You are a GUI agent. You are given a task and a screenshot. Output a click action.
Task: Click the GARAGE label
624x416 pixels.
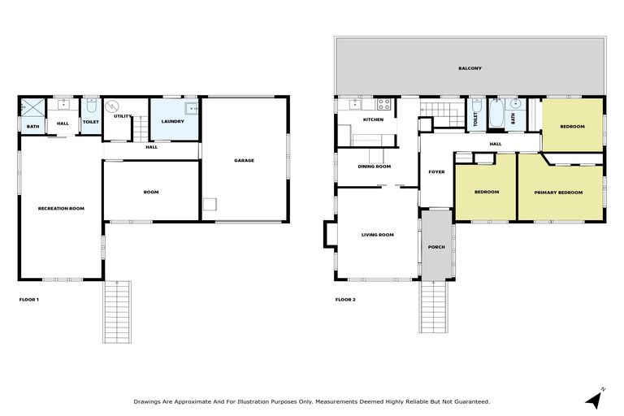[x=244, y=161]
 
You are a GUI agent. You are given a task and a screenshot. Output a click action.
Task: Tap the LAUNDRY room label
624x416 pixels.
[x=173, y=122]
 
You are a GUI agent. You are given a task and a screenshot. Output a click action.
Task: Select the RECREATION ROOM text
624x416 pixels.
[x=61, y=209]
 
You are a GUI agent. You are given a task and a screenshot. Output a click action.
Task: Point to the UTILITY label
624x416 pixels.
[x=123, y=116]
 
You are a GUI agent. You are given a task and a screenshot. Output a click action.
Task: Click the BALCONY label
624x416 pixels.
[x=469, y=68]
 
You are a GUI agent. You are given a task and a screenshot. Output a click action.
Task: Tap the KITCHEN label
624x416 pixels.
[x=373, y=119]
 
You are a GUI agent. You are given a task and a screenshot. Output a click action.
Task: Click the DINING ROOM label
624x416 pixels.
[x=375, y=167]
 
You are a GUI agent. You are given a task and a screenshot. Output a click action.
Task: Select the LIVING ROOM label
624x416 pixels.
[x=377, y=235]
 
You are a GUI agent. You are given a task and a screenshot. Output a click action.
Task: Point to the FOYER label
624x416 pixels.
[x=436, y=172]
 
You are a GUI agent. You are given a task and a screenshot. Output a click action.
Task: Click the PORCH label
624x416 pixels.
[x=436, y=247]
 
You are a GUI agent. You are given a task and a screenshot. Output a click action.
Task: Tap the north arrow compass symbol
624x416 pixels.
[x=594, y=398]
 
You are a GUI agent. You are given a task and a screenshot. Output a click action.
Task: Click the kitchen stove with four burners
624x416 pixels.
[x=384, y=104]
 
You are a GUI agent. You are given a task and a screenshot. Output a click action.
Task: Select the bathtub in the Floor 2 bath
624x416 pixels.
[x=496, y=114]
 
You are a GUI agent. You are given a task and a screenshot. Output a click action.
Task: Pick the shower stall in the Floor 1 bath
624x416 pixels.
[x=32, y=106]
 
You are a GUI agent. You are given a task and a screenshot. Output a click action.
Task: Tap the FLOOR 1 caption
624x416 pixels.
[x=28, y=300]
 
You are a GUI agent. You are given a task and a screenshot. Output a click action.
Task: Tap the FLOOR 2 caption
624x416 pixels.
[x=345, y=300]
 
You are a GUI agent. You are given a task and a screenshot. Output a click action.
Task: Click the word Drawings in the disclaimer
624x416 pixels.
[x=147, y=401]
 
